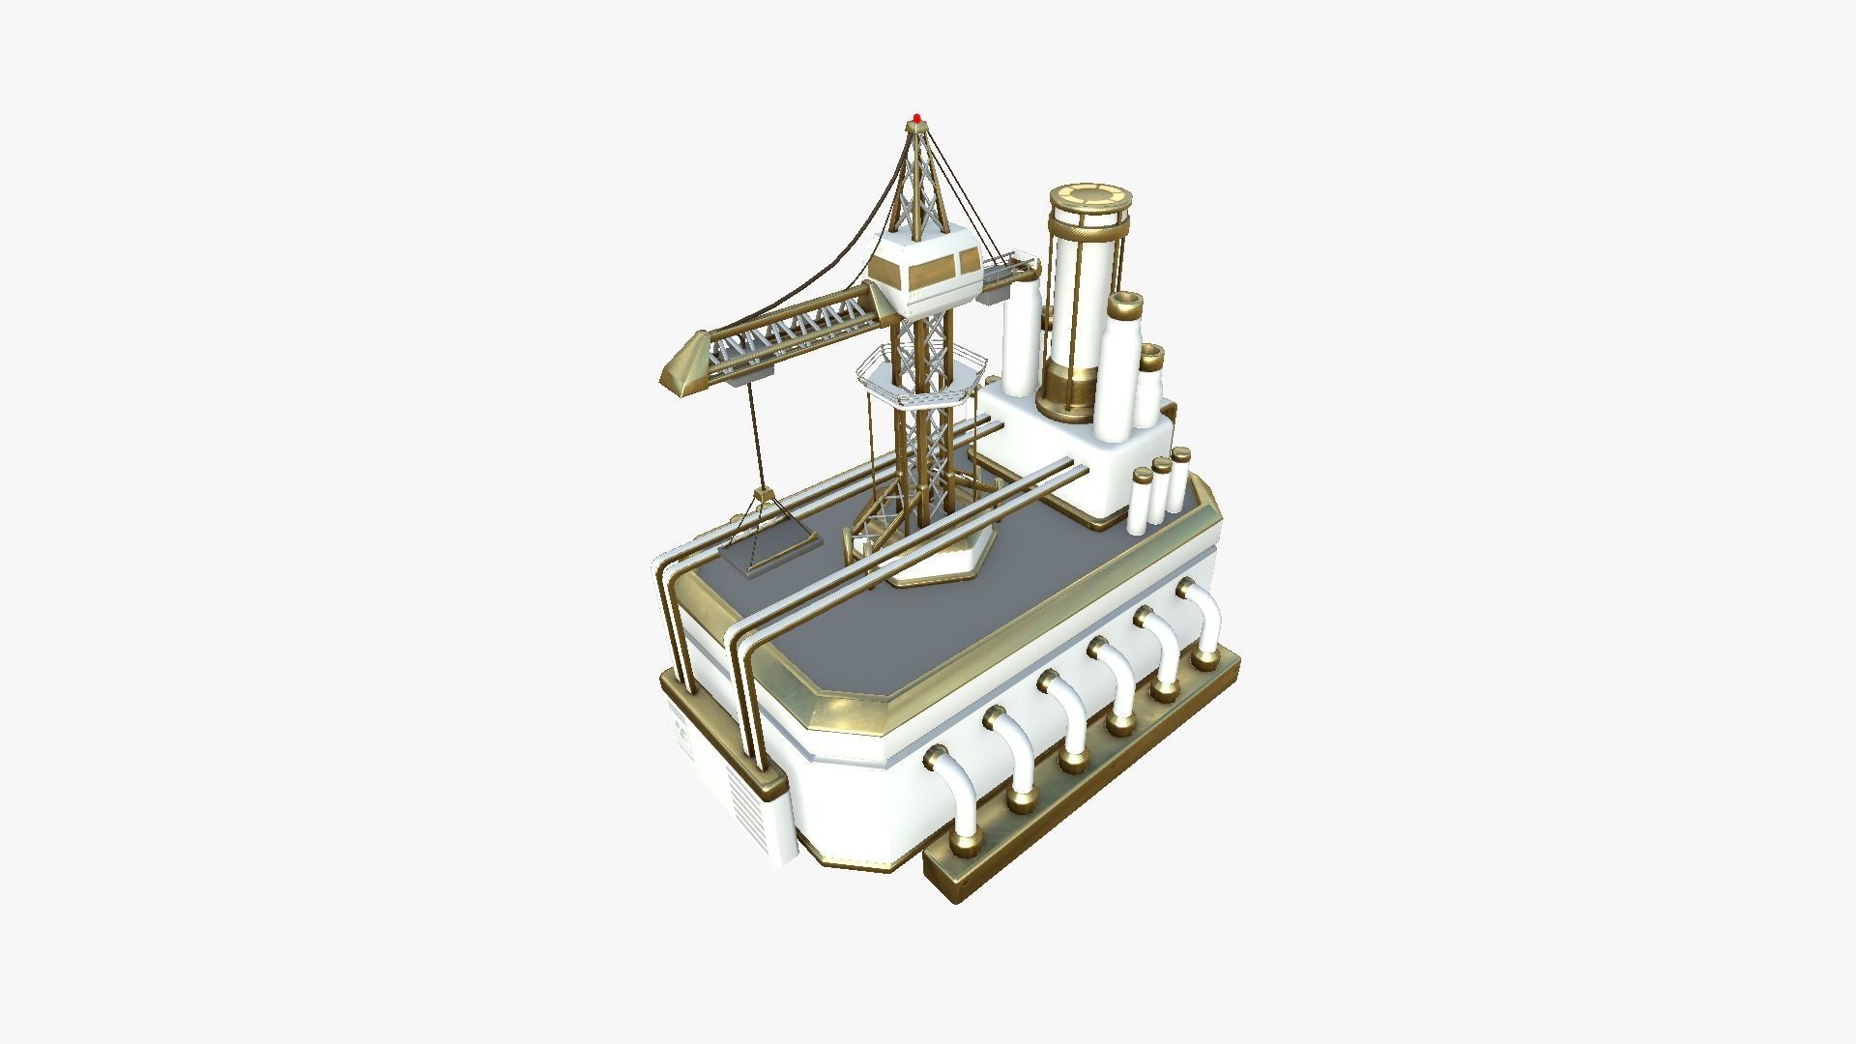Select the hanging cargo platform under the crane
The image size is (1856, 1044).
768,554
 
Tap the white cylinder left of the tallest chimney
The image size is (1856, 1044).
1020,338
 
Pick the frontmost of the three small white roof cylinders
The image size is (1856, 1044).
1142,503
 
